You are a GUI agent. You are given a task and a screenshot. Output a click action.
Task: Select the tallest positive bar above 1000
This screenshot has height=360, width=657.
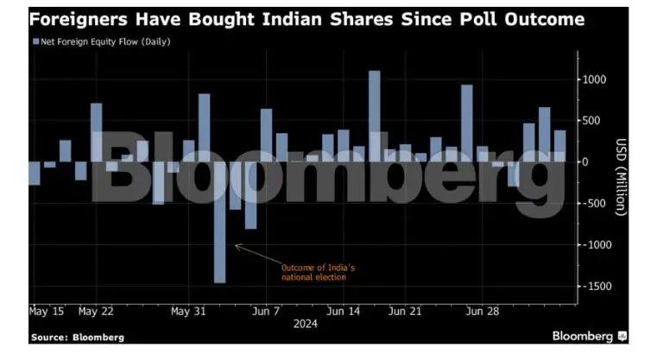pos(375,116)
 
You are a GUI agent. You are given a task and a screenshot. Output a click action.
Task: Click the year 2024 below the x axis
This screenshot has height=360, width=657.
pos(306,325)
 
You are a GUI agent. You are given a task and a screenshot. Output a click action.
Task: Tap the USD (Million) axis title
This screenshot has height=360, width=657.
pos(621,177)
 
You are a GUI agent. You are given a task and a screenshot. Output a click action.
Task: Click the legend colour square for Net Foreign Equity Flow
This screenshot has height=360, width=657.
pos(35,41)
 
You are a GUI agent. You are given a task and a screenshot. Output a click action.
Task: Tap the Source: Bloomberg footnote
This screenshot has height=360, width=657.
pos(77,337)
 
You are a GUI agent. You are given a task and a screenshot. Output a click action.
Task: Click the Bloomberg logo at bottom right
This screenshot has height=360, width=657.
pos(590,335)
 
